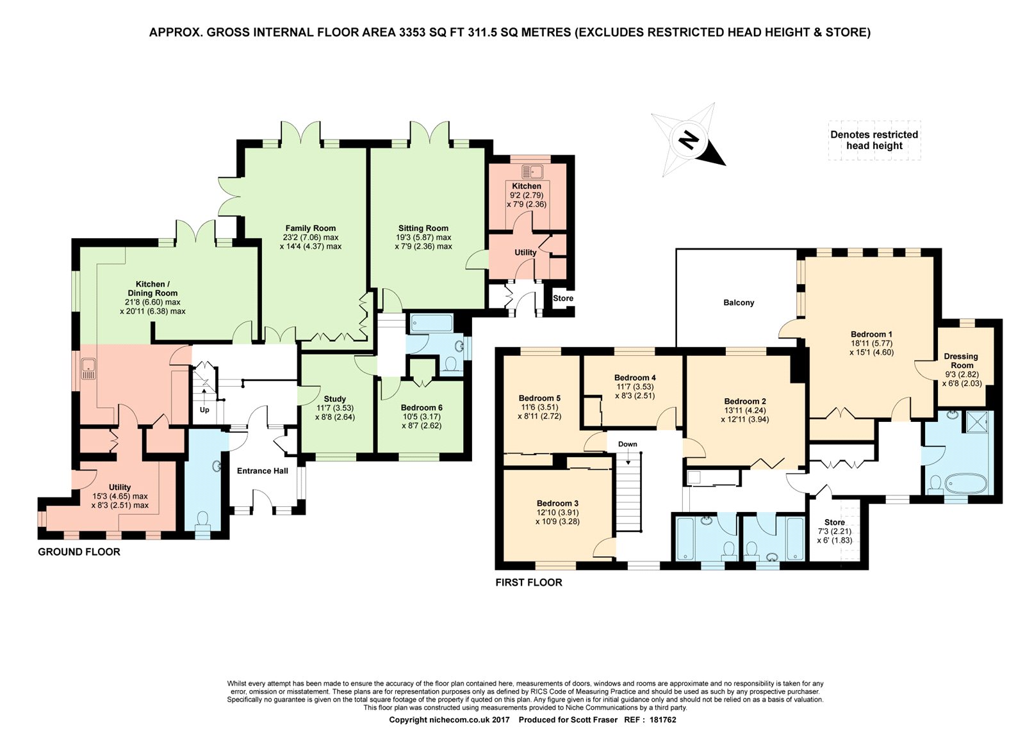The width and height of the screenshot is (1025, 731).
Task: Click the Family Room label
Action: (310, 228)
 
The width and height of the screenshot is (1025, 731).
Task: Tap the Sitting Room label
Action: (423, 228)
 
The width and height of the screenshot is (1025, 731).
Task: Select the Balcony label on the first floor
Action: (739, 303)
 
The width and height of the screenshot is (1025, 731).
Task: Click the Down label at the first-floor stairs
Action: (627, 444)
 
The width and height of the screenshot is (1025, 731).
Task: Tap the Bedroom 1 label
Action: (871, 334)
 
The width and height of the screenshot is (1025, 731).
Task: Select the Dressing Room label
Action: (962, 361)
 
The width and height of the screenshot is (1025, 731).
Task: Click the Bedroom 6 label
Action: (422, 408)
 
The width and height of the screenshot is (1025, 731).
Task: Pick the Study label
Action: (334, 399)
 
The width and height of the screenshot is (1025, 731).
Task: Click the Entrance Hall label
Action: (262, 471)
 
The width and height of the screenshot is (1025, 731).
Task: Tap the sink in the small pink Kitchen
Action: (532, 172)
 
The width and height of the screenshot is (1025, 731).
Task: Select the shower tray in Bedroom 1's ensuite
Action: (977, 421)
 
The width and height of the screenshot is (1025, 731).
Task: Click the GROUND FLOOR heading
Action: (79, 552)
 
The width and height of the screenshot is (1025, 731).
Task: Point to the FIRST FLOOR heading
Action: (529, 582)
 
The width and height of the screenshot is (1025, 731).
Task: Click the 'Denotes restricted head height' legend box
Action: (874, 140)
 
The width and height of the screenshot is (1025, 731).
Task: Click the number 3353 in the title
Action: (413, 33)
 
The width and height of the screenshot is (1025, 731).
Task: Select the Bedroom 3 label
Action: (557, 503)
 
